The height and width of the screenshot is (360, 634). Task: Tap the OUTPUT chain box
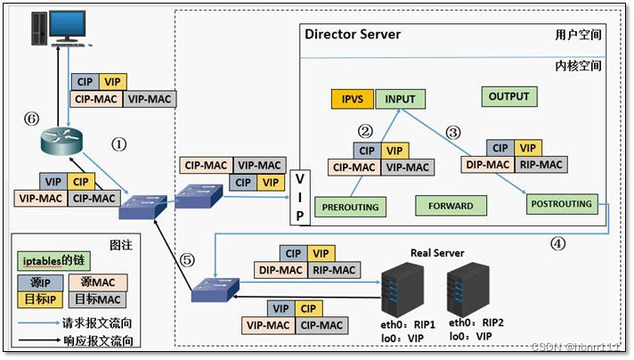coord(508,96)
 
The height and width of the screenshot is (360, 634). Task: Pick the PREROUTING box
coord(351,207)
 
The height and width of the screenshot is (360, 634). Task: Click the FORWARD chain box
coord(451,206)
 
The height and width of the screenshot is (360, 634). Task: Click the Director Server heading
coord(353,35)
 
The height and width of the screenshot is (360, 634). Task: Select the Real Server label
coord(437,253)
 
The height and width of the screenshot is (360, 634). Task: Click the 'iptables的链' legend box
coord(51,260)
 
